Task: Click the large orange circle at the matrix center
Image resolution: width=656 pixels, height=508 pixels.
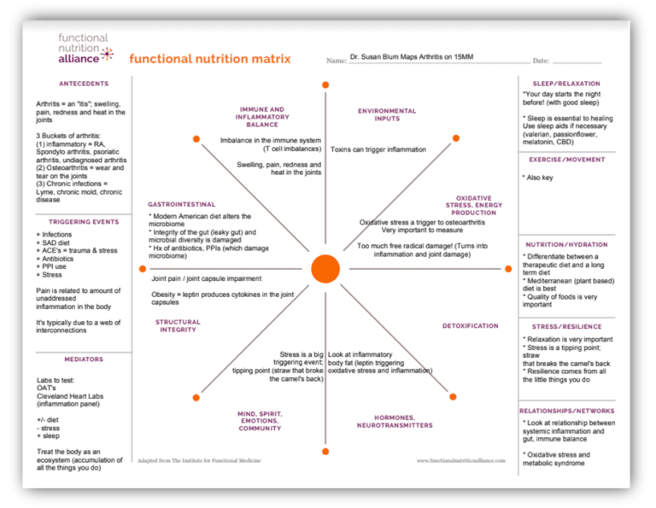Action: (325, 268)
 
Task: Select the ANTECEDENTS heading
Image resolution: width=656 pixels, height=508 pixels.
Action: (84, 84)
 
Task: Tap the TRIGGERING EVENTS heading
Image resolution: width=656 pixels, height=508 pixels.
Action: (84, 222)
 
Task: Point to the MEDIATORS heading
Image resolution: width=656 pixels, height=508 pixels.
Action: (84, 359)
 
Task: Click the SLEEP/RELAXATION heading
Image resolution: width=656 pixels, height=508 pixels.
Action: (566, 84)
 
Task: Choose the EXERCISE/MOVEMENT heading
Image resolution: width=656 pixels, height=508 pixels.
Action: (566, 159)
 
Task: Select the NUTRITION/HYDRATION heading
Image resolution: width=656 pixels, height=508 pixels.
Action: (566, 245)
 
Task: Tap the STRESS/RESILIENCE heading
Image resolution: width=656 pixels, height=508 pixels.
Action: (566, 326)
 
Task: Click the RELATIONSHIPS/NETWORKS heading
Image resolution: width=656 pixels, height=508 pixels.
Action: (566, 411)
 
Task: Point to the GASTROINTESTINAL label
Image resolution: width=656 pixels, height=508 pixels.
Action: (181, 204)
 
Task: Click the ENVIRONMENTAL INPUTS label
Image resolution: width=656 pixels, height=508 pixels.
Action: (387, 114)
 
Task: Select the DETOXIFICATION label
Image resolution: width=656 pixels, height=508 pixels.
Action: (470, 326)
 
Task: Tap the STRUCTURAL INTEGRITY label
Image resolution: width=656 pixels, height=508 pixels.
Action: (178, 326)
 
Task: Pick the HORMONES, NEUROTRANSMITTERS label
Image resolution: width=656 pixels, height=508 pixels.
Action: (394, 421)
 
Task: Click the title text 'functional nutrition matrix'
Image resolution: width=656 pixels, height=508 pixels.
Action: (210, 60)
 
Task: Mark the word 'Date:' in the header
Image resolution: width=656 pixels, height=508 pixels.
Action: (541, 61)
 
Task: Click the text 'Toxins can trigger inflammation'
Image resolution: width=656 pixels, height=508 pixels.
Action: (378, 149)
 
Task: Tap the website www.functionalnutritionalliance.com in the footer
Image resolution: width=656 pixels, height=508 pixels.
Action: (461, 461)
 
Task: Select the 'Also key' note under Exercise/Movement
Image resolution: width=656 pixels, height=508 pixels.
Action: (539, 178)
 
